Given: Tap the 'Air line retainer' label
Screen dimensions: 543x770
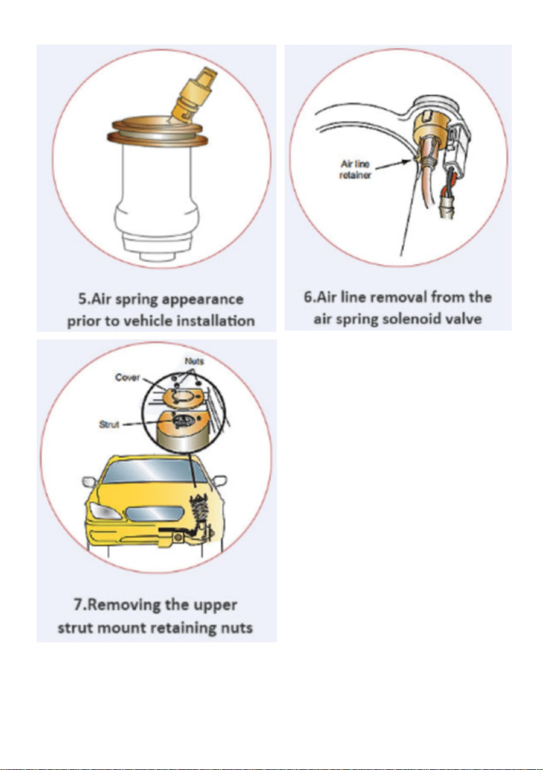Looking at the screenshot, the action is (x=355, y=169).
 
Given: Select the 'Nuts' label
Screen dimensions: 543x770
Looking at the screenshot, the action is (x=195, y=361).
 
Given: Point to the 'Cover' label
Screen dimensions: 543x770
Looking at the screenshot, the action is (x=128, y=378).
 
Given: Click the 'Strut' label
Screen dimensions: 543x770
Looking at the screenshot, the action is (x=109, y=424).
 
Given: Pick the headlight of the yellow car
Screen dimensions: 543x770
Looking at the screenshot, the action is (x=105, y=511).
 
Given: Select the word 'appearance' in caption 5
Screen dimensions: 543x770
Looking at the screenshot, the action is (x=202, y=299).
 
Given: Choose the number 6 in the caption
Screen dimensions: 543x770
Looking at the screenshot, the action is (x=307, y=297).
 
